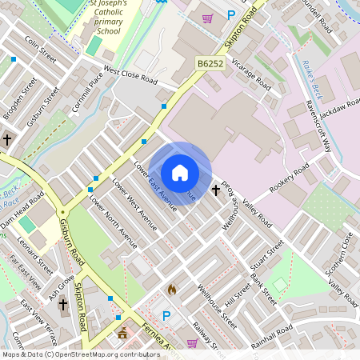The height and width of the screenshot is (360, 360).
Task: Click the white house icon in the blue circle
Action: click(x=180, y=173)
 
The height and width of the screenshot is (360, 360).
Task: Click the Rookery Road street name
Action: click(x=290, y=176)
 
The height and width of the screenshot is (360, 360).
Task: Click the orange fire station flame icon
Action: click(x=171, y=289)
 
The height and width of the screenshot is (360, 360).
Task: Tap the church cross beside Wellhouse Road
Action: click(x=216, y=190)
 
